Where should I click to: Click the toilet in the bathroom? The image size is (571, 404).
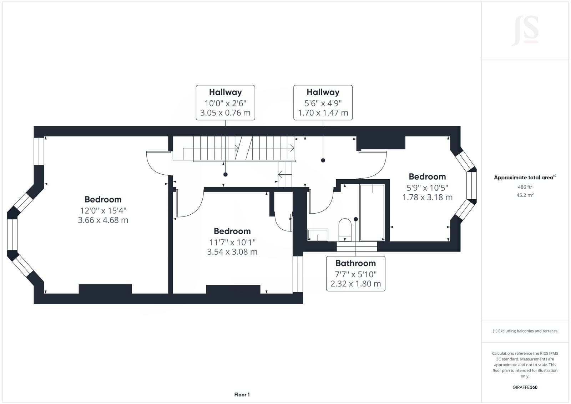pos(345,229)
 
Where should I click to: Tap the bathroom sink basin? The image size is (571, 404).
pos(318,235)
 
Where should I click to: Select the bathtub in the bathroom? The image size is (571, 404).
pos(372,212)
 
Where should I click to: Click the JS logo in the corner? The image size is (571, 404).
pos(525,31)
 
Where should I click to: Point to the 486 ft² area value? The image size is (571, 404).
pos(525,187)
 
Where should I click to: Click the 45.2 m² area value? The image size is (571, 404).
pos(525,195)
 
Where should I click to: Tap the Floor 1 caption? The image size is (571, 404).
pos(242,395)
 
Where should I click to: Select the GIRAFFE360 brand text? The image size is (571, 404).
pos(525,387)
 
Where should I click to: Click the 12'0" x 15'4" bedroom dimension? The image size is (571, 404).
pos(103,210)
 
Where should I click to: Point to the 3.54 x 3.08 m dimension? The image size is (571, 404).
pos(232,252)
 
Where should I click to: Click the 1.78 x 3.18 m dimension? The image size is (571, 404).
pos(428,197)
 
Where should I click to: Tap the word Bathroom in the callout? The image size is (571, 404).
pos(355,263)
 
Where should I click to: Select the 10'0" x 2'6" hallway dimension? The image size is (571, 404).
pos(225,103)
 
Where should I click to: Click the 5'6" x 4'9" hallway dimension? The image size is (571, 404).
pos(323,103)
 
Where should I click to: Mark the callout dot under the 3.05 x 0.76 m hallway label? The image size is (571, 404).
pos(225,175)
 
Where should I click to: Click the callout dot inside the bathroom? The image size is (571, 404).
pos(356,219)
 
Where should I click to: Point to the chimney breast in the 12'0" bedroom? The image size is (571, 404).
pos(105,289)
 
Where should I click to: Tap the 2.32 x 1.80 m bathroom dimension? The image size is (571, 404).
pos(355,284)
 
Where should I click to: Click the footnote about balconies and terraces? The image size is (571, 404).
pos(525,331)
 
